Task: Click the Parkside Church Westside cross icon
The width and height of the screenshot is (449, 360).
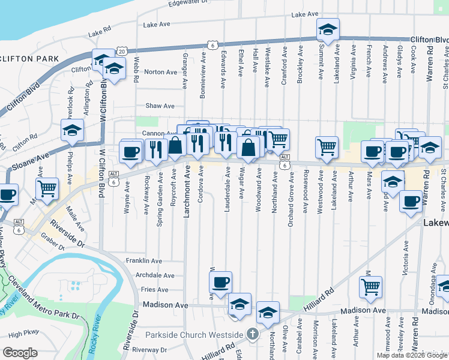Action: pyautogui.click(x=253, y=334)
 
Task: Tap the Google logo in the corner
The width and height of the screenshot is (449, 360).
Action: pyautogui.click(x=20, y=353)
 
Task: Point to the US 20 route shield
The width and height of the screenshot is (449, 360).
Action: pyautogui.click(x=122, y=52)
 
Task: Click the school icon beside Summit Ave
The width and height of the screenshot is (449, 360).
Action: pyautogui.click(x=328, y=29)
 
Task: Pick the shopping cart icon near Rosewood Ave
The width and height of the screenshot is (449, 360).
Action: pyautogui.click(x=327, y=146)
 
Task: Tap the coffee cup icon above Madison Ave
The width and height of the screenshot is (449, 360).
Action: pyautogui.click(x=220, y=281)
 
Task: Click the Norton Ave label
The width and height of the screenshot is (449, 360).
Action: pyautogui.click(x=161, y=72)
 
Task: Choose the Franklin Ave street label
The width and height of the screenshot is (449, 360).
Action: pyautogui.click(x=144, y=261)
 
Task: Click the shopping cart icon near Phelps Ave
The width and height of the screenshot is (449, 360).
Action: pyautogui.click(x=47, y=188)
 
